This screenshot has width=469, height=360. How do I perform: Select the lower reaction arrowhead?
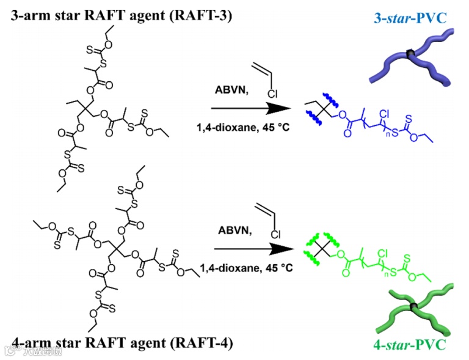click(x=283, y=249)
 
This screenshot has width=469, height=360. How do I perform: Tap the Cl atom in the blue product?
click(x=384, y=114)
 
